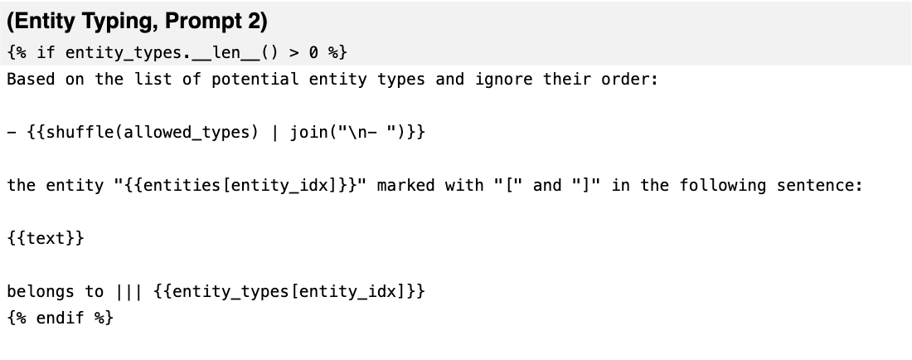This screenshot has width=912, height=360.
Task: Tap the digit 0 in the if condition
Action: (313, 52)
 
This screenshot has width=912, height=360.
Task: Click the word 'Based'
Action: (31, 79)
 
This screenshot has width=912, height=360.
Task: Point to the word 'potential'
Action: (255, 80)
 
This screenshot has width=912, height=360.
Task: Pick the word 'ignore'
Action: (503, 80)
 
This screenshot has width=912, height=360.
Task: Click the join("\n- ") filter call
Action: (348, 132)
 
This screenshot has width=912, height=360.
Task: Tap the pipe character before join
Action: (274, 133)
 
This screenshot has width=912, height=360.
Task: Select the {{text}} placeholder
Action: (46, 238)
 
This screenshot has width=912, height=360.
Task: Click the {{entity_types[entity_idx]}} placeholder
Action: (289, 291)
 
